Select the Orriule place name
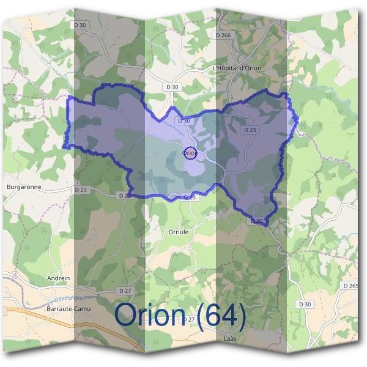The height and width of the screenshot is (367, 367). click(179, 232)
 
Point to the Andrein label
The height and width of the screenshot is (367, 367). click(58, 278)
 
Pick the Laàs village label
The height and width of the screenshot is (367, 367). click(231, 338)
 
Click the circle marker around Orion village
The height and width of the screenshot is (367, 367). click(190, 154)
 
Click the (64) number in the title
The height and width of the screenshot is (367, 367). click(221, 315)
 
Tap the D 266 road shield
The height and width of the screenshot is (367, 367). click(223, 35)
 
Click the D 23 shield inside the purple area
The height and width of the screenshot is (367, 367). click(249, 130)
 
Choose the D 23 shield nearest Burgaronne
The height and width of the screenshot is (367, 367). click(81, 190)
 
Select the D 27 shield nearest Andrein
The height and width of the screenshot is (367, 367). click(125, 290)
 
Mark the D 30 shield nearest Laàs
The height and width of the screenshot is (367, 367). click(305, 304)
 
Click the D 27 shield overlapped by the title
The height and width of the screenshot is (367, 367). click(189, 320)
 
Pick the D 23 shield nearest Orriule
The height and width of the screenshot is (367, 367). click(189, 197)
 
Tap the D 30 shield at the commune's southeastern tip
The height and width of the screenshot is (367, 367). click(257, 221)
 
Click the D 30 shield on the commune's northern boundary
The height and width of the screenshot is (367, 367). click(183, 120)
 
